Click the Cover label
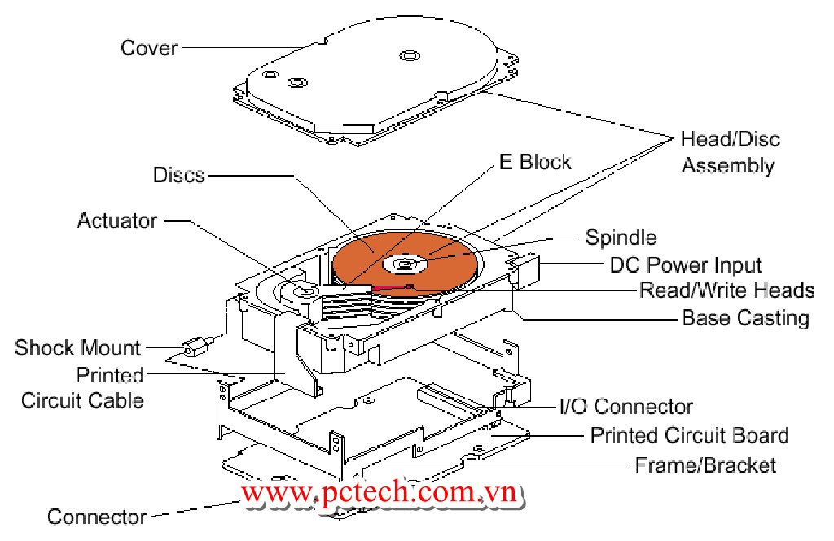coord(148,48)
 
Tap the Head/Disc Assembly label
coord(729,152)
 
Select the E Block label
coord(534,162)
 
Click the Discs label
coord(178,175)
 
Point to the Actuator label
coord(117,220)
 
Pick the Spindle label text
coord(621,238)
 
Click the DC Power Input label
coord(686,265)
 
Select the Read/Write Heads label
coord(726,290)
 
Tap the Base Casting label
coord(745,317)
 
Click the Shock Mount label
coord(77,348)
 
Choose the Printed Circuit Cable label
coord(82,388)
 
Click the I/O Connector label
coord(625,407)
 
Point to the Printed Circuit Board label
coord(689,435)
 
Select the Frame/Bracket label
coord(705,465)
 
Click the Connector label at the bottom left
coord(96,517)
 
